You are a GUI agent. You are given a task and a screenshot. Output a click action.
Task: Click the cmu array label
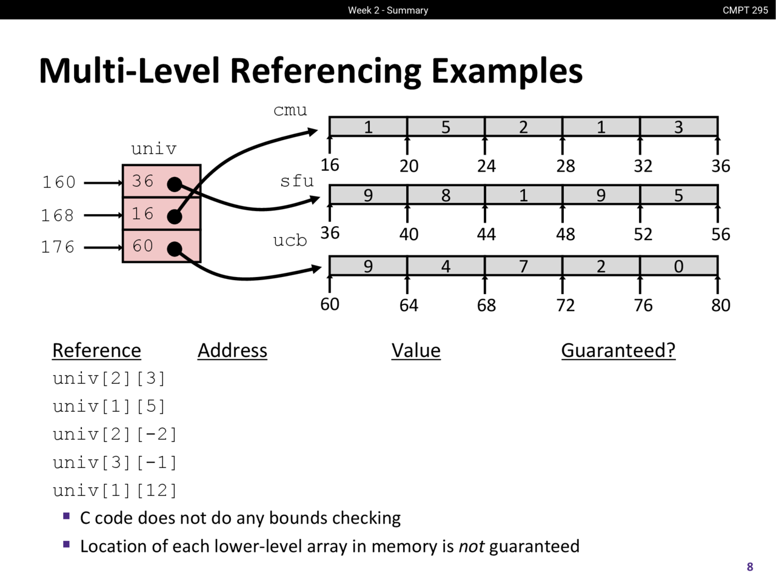290,110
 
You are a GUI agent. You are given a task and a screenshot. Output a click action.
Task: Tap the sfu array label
296,181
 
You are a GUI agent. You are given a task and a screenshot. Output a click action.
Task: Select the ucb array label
290,240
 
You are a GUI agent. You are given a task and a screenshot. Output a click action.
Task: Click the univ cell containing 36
161,181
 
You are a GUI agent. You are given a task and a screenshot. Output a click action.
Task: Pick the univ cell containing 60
161,246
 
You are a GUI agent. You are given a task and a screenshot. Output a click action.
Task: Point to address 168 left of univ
58,215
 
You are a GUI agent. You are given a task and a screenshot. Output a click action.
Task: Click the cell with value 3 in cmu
678,127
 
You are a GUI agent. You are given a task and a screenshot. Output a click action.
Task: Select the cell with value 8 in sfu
446,195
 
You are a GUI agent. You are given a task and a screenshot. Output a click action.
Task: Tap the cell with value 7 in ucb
523,266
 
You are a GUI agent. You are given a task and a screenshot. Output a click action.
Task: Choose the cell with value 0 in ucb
678,266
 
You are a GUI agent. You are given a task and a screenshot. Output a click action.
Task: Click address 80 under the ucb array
720,305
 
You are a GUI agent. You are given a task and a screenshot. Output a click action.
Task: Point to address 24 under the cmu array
486,166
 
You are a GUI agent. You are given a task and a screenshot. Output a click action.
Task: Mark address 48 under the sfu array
565,235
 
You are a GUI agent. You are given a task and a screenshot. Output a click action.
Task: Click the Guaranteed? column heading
618,350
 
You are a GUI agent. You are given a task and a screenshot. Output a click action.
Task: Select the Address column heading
232,350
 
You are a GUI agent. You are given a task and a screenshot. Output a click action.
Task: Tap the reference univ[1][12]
115,490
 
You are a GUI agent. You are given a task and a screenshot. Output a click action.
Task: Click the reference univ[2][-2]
115,434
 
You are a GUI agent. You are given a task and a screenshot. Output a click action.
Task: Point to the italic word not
471,546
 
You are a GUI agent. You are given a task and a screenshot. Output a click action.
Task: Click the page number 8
750,567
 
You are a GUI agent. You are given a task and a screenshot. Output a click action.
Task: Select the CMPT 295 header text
745,10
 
